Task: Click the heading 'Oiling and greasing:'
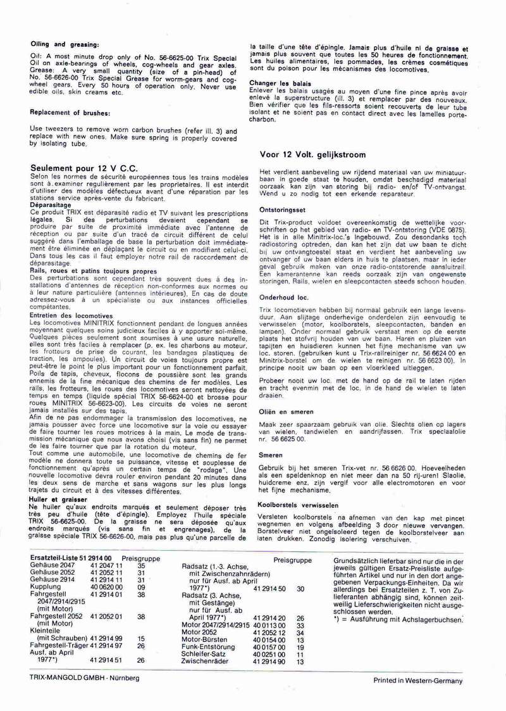pyautogui.click(x=65, y=44)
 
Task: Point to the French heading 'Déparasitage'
pyautogui.click(x=50, y=204)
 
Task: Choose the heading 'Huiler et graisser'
pyautogui.click(x=58, y=499)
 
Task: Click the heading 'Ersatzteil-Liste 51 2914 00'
pyautogui.click(x=71, y=558)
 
